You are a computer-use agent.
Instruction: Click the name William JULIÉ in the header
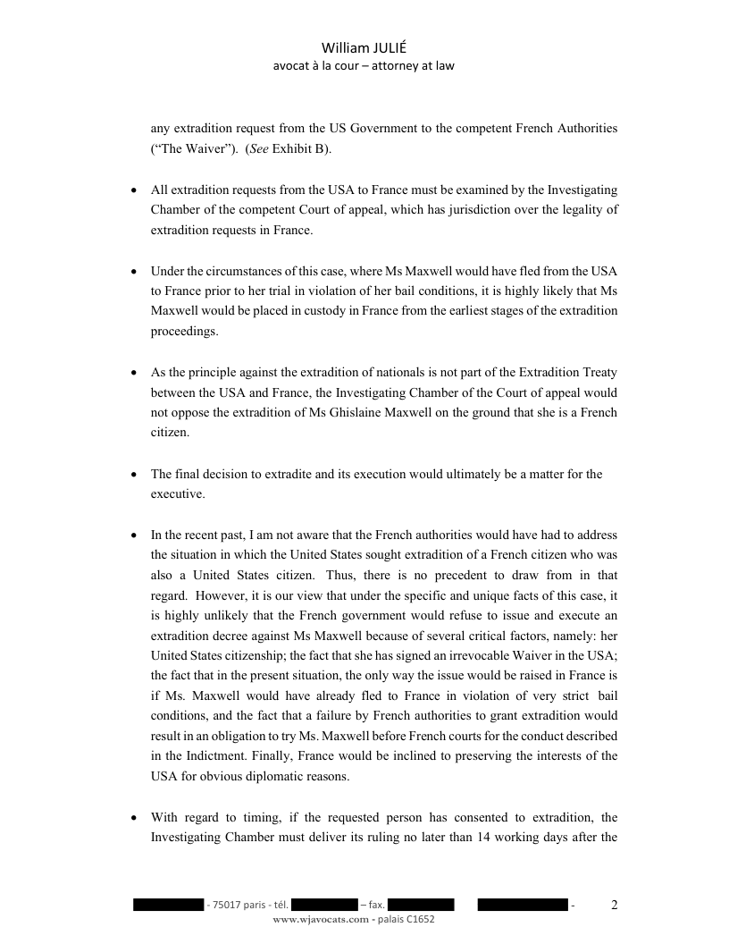pyautogui.click(x=364, y=48)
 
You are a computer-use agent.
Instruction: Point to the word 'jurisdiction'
pyautogui.click(x=493, y=210)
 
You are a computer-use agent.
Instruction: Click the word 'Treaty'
pyautogui.click(x=599, y=372)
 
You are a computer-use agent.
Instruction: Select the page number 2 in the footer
pyautogui.click(x=614, y=905)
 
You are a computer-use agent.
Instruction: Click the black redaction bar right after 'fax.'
pyautogui.click(x=421, y=906)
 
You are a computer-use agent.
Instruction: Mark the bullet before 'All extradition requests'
pyautogui.click(x=133, y=190)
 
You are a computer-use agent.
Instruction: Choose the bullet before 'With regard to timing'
pyautogui.click(x=133, y=818)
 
